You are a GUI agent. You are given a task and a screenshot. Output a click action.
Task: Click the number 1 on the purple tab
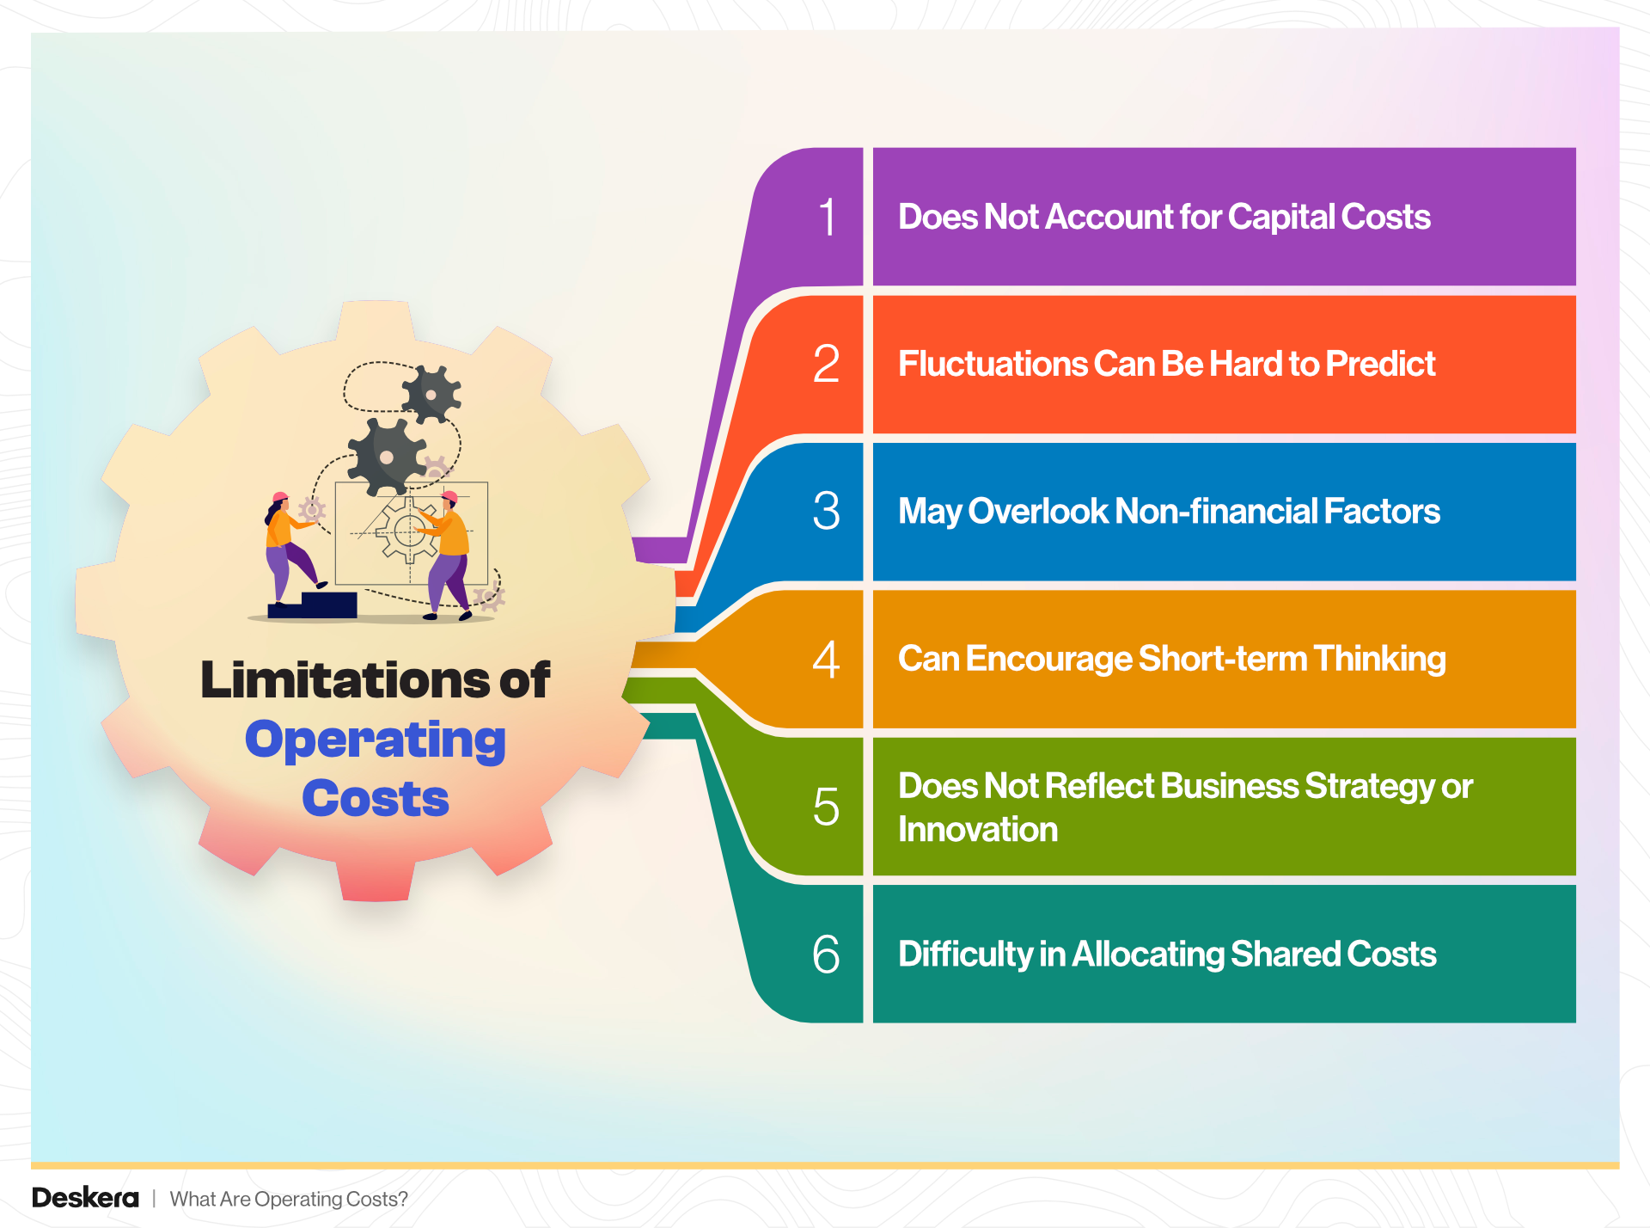click(x=827, y=217)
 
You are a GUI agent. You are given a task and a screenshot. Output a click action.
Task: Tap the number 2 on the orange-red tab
click(x=826, y=364)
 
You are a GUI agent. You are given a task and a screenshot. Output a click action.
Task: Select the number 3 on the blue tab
click(x=826, y=511)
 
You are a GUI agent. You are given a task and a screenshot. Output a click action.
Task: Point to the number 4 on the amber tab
click(x=826, y=660)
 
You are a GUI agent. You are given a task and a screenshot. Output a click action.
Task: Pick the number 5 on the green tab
click(x=826, y=807)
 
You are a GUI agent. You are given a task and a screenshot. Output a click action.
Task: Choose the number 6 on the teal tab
click(x=826, y=954)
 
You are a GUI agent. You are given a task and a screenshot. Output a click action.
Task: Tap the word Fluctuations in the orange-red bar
click(x=992, y=364)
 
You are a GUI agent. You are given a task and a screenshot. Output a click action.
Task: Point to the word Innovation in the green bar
click(x=978, y=829)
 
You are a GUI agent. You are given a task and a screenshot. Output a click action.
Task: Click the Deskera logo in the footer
click(x=85, y=1198)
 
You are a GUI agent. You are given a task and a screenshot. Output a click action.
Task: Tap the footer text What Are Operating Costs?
click(x=289, y=1199)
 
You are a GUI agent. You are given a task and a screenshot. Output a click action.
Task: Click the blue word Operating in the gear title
click(x=376, y=740)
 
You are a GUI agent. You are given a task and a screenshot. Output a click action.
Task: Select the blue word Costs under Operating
click(x=376, y=799)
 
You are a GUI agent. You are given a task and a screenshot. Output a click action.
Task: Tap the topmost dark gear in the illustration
click(x=431, y=395)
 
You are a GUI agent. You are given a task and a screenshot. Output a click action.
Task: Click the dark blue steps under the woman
click(x=314, y=605)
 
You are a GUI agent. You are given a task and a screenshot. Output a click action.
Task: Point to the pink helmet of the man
click(x=449, y=496)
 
